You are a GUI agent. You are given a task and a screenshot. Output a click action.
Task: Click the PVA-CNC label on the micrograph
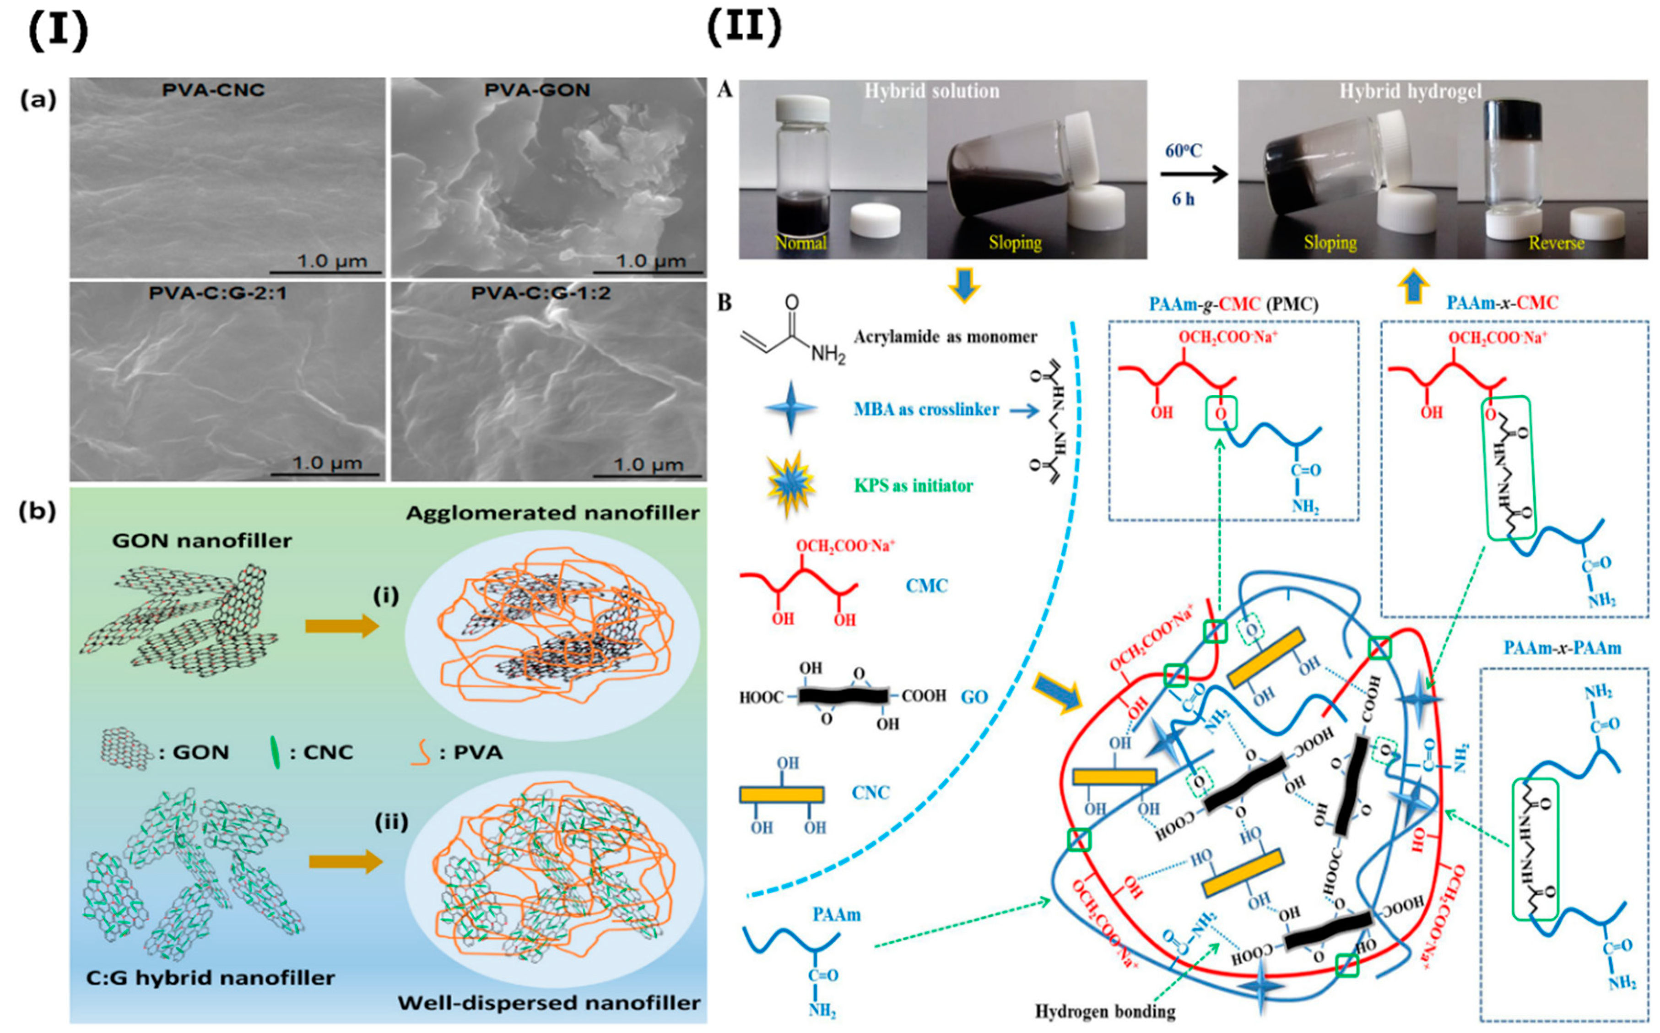[213, 90]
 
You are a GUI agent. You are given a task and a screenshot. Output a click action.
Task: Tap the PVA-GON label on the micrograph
[537, 90]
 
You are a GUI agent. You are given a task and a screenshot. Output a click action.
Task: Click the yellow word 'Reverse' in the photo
[1556, 243]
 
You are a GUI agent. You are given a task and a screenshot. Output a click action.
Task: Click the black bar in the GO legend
[844, 696]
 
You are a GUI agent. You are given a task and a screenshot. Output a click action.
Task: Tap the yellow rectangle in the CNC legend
[782, 794]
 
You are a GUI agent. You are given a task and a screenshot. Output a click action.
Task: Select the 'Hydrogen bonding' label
[1105, 1011]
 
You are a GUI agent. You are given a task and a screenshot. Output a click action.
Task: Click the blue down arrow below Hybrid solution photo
[964, 287]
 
